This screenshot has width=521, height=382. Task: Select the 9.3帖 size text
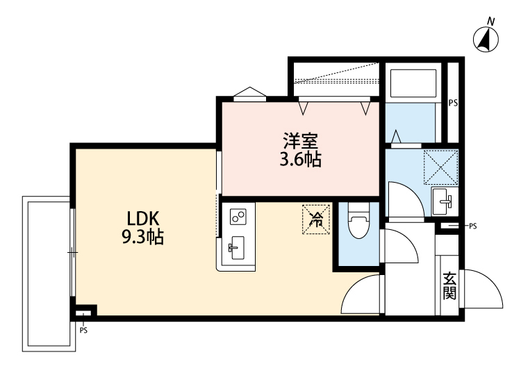coord(142,238)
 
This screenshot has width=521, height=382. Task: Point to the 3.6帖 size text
coord(300,160)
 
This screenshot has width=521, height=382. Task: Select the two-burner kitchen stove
coord(238,217)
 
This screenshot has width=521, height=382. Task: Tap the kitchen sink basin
coord(237,247)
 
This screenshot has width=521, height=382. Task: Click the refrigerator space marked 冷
coord(315,220)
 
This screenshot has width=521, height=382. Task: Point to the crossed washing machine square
coord(441,167)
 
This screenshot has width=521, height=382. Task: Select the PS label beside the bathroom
coord(453,103)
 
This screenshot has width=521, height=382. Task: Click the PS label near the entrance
coord(473,226)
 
